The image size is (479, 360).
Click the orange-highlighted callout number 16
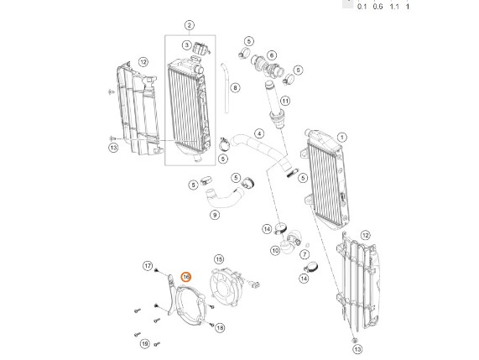186,277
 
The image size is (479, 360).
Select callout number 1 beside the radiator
341,138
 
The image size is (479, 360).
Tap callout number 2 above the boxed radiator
190,25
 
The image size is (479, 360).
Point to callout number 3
187,45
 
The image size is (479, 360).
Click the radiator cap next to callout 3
200,48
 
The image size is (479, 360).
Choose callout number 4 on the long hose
259,133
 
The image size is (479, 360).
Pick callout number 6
271,55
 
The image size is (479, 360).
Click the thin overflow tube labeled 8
226,88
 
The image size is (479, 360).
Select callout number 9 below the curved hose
215,215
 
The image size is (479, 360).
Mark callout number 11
285,101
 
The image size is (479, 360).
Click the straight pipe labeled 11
274,104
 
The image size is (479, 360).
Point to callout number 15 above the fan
219,259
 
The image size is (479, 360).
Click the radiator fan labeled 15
226,286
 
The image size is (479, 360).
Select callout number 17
148,266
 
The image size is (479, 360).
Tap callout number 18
220,328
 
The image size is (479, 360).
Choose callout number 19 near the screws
145,343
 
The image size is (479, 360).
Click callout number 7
305,254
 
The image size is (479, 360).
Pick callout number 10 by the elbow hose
275,251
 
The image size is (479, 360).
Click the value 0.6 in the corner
377,7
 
